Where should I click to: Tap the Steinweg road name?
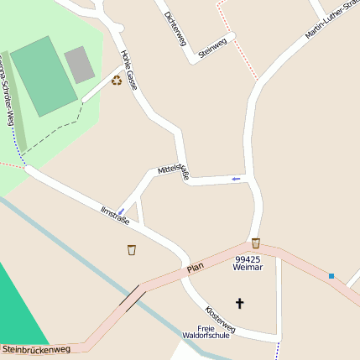(x=213, y=47)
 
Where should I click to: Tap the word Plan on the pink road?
(x=196, y=268)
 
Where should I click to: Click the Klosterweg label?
(x=220, y=316)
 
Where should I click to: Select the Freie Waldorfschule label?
(x=206, y=331)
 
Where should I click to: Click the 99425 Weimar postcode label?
(x=249, y=263)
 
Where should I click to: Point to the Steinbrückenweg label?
(x=35, y=348)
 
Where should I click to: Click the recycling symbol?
(x=117, y=81)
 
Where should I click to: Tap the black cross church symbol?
(x=239, y=303)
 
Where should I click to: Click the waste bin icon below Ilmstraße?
(x=132, y=249)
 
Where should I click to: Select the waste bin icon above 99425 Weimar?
(x=255, y=243)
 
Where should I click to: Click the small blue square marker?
(x=331, y=275)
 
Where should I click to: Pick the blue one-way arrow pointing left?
(x=236, y=178)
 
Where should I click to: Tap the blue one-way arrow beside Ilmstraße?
(x=121, y=210)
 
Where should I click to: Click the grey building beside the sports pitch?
(x=80, y=64)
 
